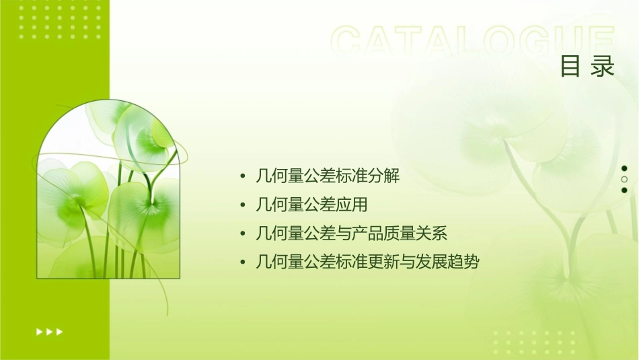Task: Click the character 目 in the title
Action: coord(570,67)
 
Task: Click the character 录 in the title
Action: coord(603,67)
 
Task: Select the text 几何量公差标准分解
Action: coord(328,176)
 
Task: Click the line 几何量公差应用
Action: coord(311,205)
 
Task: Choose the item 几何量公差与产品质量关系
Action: coord(352,233)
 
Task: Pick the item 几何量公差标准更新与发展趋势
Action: coord(368,262)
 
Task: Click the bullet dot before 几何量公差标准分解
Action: coord(242,176)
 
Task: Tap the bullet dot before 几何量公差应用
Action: coord(242,205)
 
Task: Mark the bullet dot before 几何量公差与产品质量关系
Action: coord(242,233)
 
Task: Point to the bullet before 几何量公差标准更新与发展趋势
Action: coord(242,262)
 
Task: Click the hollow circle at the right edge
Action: coord(624,179)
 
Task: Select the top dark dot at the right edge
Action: coord(624,168)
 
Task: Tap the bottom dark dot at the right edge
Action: coord(624,190)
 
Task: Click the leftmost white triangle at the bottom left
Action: coord(38,332)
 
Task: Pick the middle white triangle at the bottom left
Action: coord(49,332)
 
